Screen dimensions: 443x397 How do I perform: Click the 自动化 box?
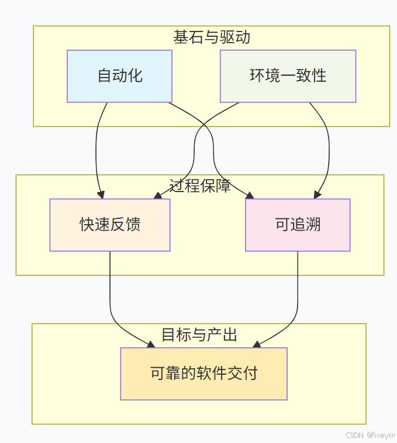tap(119, 76)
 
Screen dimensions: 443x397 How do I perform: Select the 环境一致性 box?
tap(288, 76)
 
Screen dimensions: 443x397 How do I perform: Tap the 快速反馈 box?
tap(110, 225)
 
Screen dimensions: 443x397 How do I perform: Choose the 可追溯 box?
tap(298, 225)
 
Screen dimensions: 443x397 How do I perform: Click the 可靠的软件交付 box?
tap(203, 374)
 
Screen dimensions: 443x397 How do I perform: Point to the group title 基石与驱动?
tap(212, 37)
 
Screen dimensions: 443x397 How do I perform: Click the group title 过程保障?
tap(200, 186)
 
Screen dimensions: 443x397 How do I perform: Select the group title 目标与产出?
tap(199, 335)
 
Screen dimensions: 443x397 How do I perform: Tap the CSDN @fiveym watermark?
tap(370, 435)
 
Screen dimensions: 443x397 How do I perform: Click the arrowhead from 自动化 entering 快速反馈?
tap(102, 195)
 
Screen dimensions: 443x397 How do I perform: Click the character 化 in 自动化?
tap(135, 76)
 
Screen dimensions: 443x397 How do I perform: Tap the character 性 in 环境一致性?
tap(319, 76)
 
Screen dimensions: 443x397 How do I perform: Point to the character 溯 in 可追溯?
tap(313, 225)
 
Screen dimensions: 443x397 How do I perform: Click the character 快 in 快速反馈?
tap(87, 225)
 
